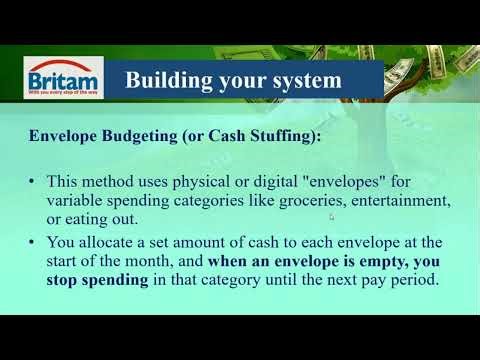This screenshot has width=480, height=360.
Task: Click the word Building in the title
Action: pos(167,78)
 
